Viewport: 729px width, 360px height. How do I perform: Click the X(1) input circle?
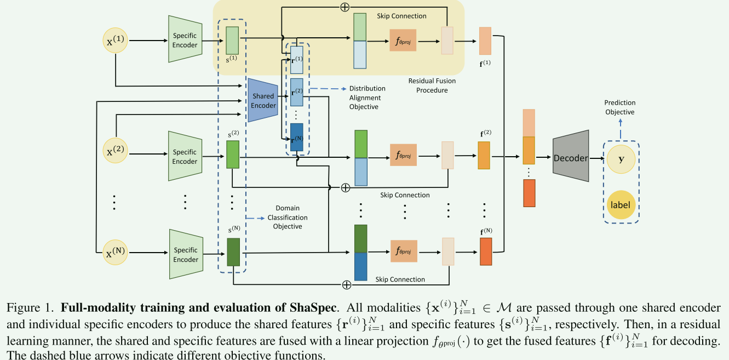click(x=116, y=40)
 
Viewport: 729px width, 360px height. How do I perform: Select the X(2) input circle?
click(x=116, y=152)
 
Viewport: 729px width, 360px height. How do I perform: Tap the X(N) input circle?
click(x=116, y=253)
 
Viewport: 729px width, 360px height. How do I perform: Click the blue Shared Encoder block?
click(x=263, y=100)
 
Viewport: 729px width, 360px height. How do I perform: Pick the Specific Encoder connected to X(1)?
click(x=185, y=39)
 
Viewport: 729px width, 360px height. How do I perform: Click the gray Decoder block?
click(x=571, y=158)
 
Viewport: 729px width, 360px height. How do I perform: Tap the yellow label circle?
click(x=621, y=205)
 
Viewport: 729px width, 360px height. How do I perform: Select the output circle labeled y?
click(x=621, y=159)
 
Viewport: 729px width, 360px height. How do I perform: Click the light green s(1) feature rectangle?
click(x=232, y=40)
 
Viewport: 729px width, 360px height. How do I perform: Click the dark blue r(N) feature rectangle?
click(x=296, y=137)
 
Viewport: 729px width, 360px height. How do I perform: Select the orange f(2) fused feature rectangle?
click(x=484, y=155)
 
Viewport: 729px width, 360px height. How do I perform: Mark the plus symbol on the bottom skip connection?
click(x=346, y=284)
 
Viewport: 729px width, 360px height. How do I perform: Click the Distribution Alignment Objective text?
click(x=367, y=98)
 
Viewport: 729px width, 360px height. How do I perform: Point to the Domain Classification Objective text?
click(x=287, y=218)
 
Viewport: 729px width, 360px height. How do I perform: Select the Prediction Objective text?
click(x=619, y=107)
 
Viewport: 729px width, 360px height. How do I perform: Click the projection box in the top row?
click(x=403, y=40)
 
